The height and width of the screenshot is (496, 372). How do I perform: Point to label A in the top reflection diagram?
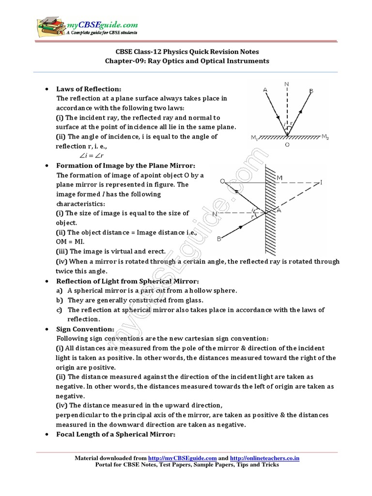(264, 90)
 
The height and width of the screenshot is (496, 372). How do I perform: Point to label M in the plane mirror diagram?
(279, 178)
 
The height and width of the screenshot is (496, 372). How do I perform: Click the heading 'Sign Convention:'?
(85, 329)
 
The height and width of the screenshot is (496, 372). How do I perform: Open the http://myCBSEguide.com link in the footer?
(182, 458)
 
